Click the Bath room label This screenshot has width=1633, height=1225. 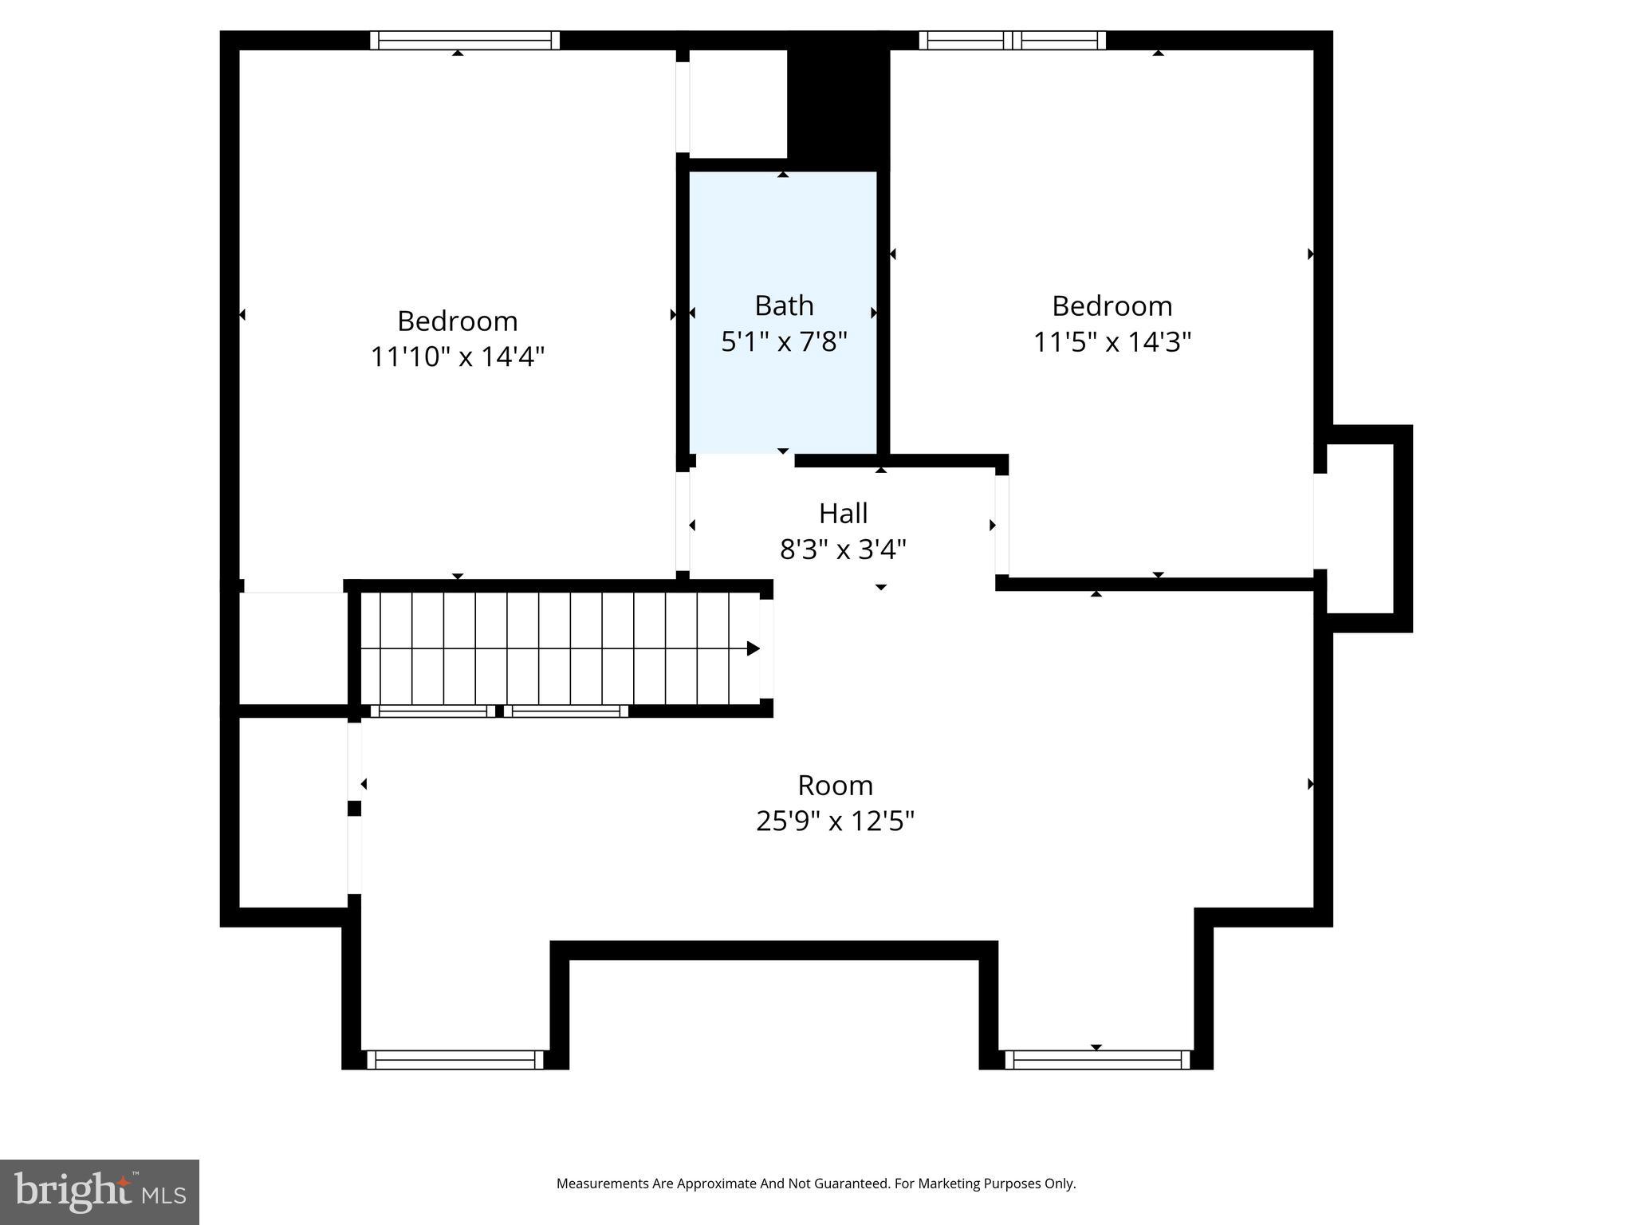click(x=784, y=306)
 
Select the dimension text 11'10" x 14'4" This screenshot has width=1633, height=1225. click(x=458, y=356)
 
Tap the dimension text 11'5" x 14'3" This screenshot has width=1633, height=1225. click(x=1112, y=342)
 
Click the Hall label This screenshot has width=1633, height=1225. click(x=843, y=514)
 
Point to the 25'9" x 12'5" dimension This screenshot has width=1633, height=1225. click(x=835, y=821)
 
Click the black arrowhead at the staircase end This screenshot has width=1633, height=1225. click(x=753, y=648)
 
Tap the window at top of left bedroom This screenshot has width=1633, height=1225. click(x=465, y=40)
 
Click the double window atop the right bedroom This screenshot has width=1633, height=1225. click(x=1012, y=40)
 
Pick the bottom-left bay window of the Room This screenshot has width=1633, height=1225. click(x=455, y=1059)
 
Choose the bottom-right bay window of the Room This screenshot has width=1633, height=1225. click(x=1097, y=1059)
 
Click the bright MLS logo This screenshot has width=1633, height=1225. click(x=100, y=1192)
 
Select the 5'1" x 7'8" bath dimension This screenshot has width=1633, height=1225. click(x=784, y=342)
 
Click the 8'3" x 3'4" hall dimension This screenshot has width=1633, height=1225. click(x=843, y=549)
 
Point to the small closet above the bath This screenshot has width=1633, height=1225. click(x=738, y=104)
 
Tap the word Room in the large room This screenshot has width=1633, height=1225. click(x=835, y=786)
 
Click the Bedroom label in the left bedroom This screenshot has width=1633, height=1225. click(x=458, y=321)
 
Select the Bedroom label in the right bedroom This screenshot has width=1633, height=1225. click(x=1112, y=306)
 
